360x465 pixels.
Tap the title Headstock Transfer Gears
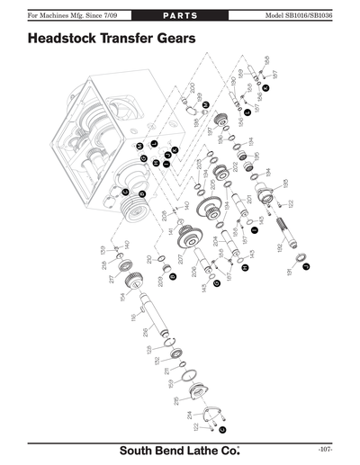pyautogui.click(x=112, y=40)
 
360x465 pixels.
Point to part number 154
pyautogui.click(x=122, y=297)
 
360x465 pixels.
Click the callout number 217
pyautogui.click(x=112, y=280)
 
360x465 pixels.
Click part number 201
pyautogui.click(x=249, y=199)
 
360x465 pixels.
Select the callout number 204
pyautogui.click(x=216, y=241)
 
